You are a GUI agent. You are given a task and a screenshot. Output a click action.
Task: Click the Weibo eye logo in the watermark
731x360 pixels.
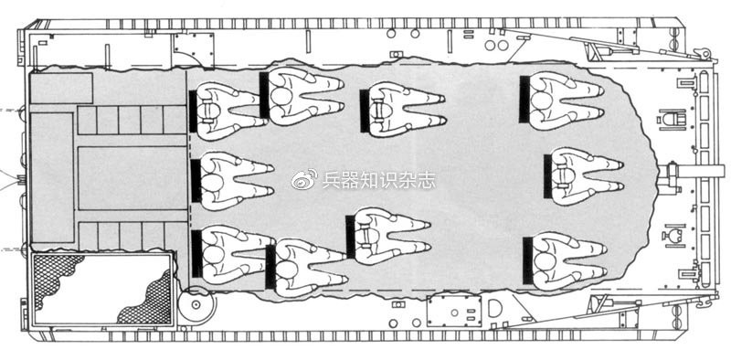point(304,180)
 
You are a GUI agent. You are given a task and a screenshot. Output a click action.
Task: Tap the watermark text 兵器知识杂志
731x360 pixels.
point(377,180)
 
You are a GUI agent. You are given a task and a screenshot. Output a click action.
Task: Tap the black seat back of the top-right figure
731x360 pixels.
point(524,98)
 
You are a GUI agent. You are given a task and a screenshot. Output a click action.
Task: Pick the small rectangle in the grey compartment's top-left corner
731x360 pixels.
point(60,88)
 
